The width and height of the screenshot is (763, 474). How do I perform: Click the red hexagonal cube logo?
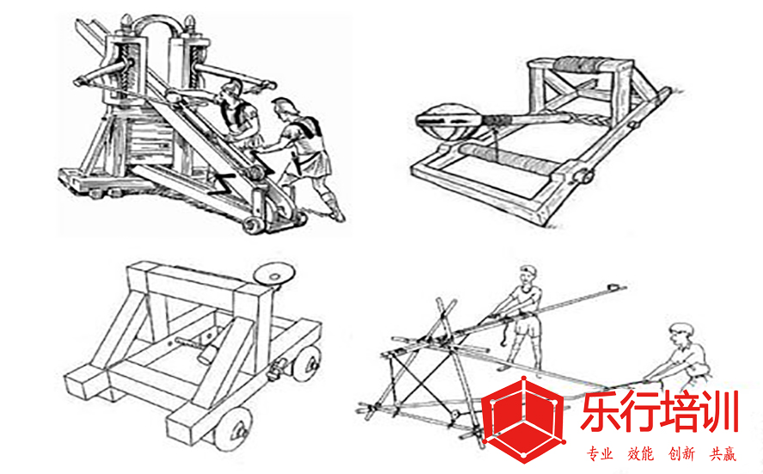click(x=522, y=416)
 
